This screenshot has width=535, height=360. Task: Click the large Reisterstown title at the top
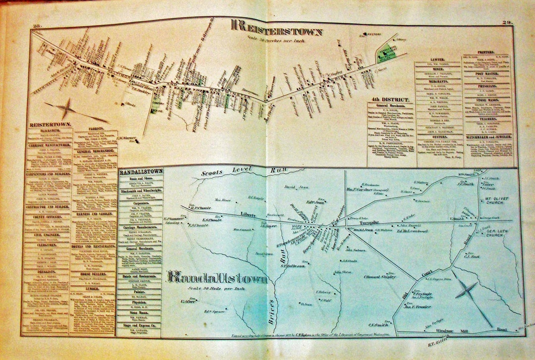click(277, 28)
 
